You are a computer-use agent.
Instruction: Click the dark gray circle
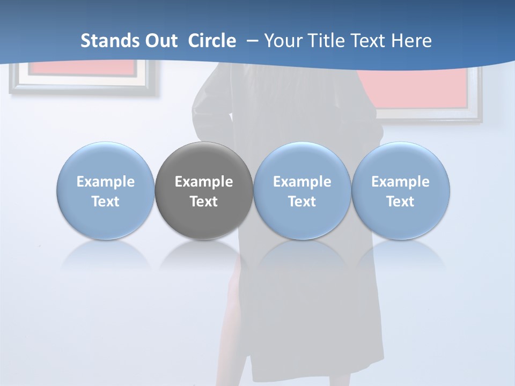(204, 191)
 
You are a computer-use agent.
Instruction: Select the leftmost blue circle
(106, 191)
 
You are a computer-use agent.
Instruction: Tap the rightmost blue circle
(401, 191)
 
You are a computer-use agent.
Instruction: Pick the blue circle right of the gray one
(302, 191)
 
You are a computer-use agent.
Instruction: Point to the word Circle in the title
(212, 41)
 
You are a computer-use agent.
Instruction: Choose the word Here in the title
(411, 41)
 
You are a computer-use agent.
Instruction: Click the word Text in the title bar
(367, 41)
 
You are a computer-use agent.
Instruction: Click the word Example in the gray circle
(204, 182)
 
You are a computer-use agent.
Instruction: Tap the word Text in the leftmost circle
(106, 202)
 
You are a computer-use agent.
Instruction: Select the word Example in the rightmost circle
(401, 182)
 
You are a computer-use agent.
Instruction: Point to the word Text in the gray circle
(204, 202)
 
